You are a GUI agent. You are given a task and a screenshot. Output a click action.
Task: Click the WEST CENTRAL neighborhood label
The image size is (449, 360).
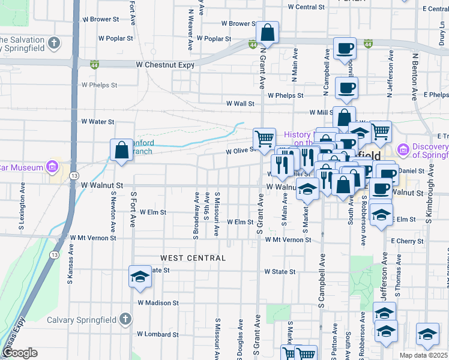pos(193,258)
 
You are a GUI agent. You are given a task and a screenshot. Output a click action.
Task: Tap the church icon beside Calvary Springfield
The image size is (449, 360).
pos(125,318)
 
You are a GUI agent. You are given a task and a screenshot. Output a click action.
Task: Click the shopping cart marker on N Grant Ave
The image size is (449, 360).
pos(264,139)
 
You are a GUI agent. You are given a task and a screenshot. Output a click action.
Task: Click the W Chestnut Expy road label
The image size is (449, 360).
pos(164,64)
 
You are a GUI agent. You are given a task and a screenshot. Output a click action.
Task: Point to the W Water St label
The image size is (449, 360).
pos(97,122)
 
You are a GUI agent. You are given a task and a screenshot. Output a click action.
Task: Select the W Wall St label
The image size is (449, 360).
pos(240,104)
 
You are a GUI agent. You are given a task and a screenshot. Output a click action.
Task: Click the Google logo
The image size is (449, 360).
pos(20,353)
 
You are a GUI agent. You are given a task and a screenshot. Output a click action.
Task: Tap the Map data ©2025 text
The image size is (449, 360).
pos(423,355)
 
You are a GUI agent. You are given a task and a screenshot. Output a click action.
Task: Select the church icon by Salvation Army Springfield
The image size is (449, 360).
pos(55,43)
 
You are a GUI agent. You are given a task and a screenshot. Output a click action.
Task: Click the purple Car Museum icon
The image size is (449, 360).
pos(52,166)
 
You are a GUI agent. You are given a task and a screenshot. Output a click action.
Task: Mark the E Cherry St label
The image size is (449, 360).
pos(407,241)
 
